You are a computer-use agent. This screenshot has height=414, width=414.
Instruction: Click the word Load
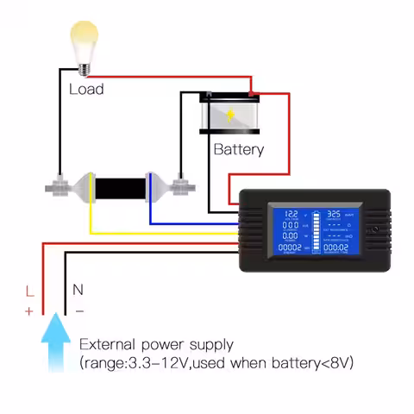(x=86, y=89)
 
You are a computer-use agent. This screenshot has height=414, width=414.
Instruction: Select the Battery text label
(x=239, y=149)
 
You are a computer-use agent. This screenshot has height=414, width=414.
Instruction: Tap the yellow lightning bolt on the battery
(x=231, y=115)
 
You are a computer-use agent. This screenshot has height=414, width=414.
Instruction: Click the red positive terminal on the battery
(x=251, y=93)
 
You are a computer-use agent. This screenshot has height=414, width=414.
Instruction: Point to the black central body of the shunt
(x=120, y=188)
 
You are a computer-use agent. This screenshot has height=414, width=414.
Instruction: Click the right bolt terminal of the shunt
(x=180, y=185)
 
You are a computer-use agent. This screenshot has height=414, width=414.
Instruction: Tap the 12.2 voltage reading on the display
(x=292, y=212)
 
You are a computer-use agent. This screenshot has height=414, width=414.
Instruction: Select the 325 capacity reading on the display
(x=335, y=212)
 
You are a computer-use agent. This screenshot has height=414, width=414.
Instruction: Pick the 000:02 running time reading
(x=336, y=248)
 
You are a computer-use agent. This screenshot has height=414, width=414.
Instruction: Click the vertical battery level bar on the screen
(x=314, y=229)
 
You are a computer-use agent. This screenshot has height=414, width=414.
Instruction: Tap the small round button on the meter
(x=373, y=230)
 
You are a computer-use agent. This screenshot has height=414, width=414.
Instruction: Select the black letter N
(x=77, y=291)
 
